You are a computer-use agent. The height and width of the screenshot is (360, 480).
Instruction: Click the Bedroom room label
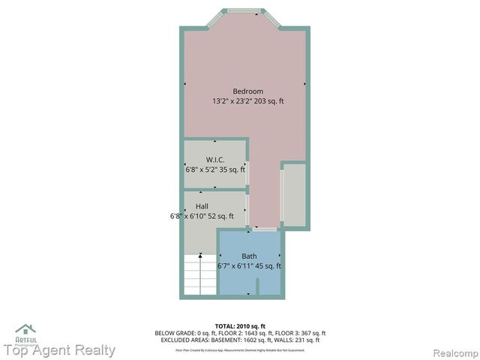click(247, 91)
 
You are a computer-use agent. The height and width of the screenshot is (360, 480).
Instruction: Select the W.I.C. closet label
click(215, 160)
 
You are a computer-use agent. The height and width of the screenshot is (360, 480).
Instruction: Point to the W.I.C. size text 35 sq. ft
click(229, 169)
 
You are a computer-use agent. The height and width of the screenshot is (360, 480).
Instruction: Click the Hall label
click(202, 206)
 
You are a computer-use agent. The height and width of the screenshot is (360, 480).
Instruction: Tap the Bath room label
click(248, 256)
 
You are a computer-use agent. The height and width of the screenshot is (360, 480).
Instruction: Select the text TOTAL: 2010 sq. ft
click(240, 325)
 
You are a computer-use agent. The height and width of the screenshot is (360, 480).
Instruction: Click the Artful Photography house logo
click(25, 331)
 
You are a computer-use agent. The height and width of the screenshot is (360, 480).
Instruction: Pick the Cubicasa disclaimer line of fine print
click(240, 349)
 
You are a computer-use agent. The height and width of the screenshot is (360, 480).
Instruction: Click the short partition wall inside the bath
click(256, 286)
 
